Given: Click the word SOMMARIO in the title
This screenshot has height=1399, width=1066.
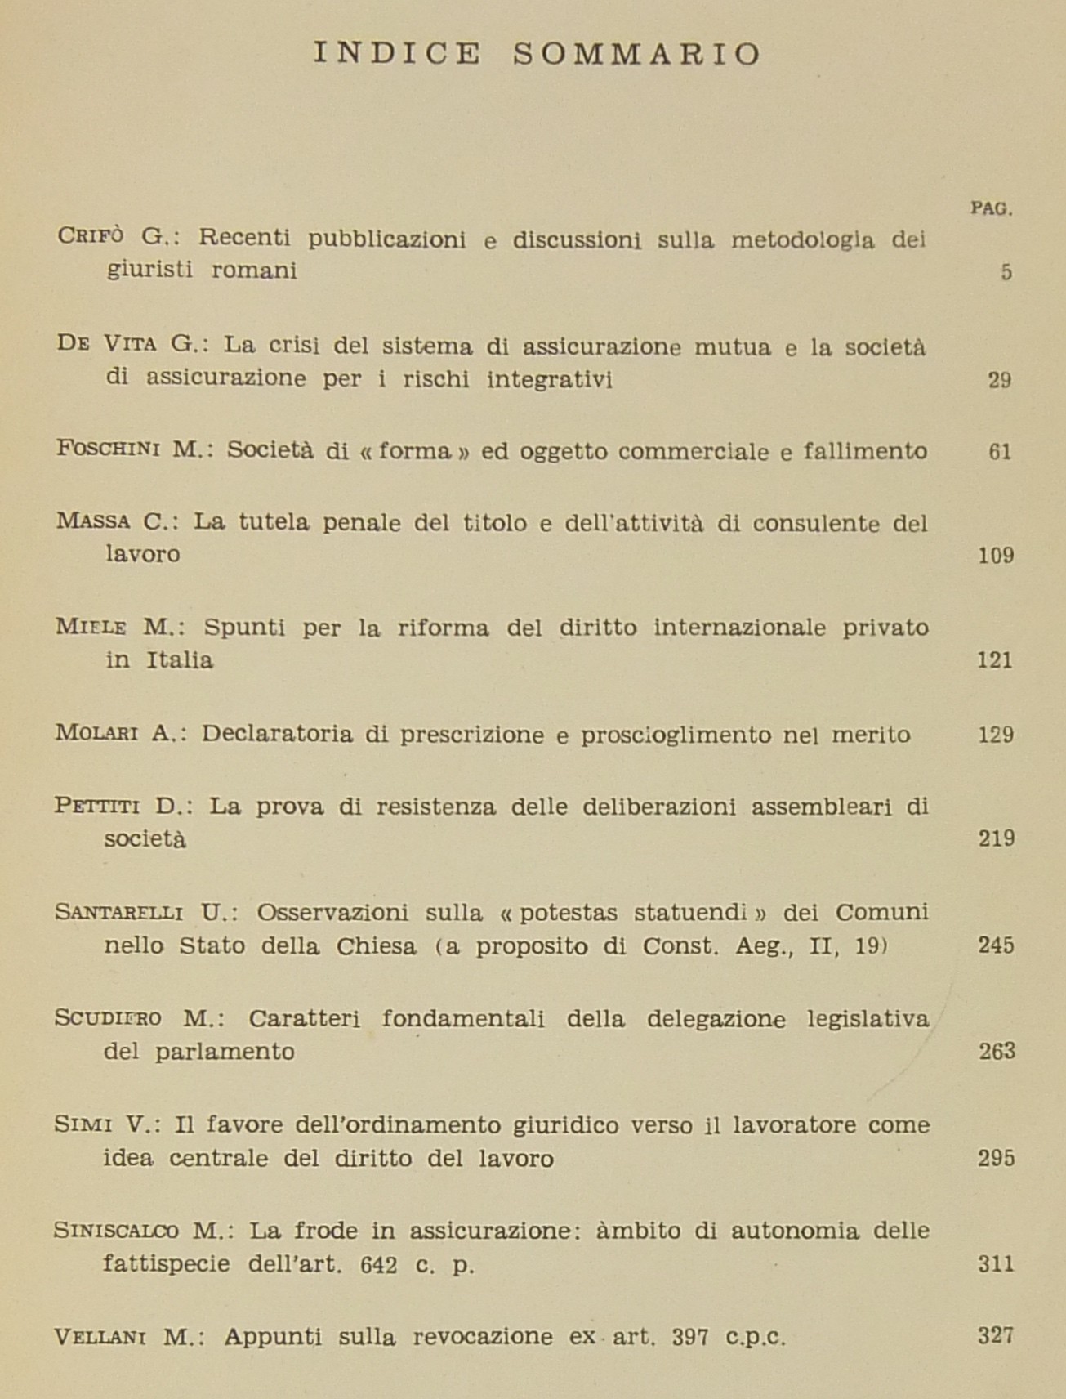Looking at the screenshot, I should click(x=637, y=54).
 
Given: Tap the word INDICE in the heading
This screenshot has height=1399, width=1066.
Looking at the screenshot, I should click(x=398, y=54).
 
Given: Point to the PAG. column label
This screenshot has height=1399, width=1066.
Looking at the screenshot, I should click(x=992, y=208).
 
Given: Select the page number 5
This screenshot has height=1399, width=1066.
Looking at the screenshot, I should click(x=1006, y=272).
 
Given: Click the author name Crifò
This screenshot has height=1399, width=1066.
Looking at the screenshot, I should click(x=91, y=237).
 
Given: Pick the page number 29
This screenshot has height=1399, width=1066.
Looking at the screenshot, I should click(x=1000, y=380).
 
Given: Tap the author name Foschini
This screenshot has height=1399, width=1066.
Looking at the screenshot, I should click(x=109, y=449).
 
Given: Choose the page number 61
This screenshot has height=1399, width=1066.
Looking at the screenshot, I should click(x=1000, y=451).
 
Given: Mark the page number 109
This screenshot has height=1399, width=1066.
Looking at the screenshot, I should click(x=996, y=556).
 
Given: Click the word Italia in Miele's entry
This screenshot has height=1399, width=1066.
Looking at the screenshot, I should click(x=180, y=660).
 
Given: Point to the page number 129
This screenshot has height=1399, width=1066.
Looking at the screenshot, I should click(x=996, y=735).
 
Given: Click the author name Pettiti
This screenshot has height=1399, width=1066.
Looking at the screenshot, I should click(x=97, y=806).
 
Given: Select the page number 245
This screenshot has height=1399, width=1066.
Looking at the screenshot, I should click(x=996, y=945).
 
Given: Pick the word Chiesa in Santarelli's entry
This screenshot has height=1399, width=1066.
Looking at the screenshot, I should click(x=375, y=946).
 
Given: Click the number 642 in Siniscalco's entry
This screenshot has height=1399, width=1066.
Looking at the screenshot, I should click(x=378, y=1265).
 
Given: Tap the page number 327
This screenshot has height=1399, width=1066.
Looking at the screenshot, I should click(x=996, y=1336).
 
